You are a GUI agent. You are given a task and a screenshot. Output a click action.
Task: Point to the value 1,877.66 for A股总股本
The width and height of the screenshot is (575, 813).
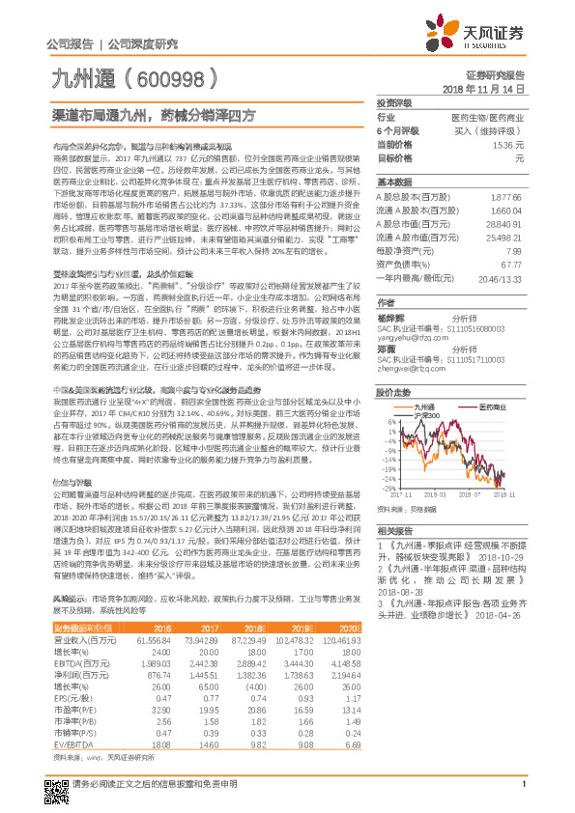coord(506,195)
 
